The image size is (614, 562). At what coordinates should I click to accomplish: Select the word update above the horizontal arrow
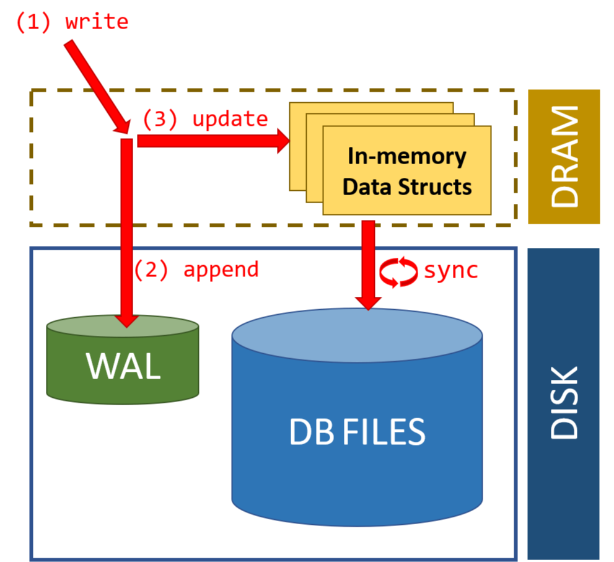tap(230, 118)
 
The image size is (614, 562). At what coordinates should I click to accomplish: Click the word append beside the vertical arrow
tap(221, 270)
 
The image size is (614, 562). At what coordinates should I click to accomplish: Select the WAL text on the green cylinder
tap(123, 366)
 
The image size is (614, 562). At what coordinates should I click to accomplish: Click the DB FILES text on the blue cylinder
tap(357, 432)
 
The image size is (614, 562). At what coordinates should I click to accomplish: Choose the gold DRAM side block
tap(564, 156)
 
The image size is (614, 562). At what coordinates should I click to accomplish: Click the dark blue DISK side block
tap(564, 403)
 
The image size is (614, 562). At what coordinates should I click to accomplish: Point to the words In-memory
tap(406, 156)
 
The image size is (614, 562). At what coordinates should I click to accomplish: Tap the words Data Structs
tap(407, 186)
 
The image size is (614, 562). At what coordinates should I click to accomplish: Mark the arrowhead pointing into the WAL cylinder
tap(126, 320)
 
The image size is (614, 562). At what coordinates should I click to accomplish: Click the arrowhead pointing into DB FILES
tap(369, 302)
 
